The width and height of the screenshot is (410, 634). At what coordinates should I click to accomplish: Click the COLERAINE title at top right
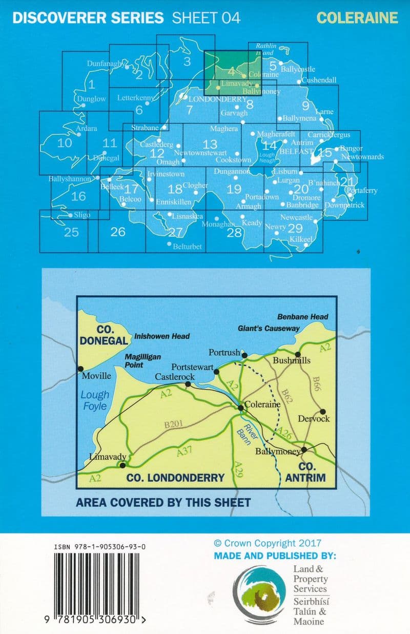click(x=357, y=18)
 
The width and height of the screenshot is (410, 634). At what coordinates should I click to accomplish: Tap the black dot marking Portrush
click(x=244, y=355)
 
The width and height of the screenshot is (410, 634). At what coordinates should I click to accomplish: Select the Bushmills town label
click(x=292, y=361)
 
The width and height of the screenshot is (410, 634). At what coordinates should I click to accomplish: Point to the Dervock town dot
click(x=323, y=411)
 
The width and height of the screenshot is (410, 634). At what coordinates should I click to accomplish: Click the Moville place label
click(x=97, y=376)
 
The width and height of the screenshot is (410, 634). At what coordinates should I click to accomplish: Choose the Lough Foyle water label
click(x=95, y=400)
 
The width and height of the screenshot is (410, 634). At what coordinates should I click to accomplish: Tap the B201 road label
click(x=173, y=425)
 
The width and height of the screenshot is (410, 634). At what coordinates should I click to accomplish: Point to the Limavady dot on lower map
click(x=122, y=465)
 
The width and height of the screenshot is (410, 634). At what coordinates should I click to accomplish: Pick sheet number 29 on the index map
click(x=295, y=228)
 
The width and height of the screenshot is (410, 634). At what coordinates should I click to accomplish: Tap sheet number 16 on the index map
click(x=78, y=196)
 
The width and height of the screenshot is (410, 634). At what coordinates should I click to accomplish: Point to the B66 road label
click(x=317, y=384)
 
